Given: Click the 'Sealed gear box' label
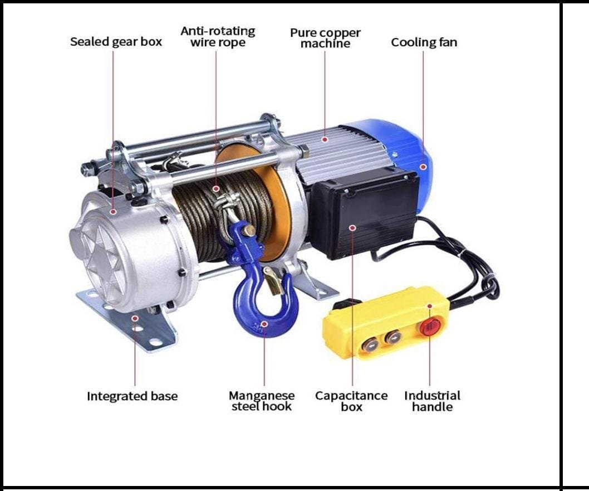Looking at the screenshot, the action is coord(116,41).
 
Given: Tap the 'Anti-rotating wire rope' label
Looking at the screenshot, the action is coord(218,36).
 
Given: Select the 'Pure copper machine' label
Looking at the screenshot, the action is coord(325,37).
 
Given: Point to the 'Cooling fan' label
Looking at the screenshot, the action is coord(424,42).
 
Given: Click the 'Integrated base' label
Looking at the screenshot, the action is coord(132,396).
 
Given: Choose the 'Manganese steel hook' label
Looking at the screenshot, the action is coord(262,401).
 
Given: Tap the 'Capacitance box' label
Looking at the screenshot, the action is coord(352,401).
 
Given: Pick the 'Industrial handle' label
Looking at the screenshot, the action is coord(433,401).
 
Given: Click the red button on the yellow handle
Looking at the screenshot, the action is coord(430,327).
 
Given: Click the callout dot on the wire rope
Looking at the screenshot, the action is coord(216,188).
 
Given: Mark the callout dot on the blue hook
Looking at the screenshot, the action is coord(264,324).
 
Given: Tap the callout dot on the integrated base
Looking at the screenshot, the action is coord(135,318).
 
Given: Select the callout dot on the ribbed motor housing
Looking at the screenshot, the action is coord(325,139).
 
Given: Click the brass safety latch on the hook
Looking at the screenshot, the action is coord(273,281).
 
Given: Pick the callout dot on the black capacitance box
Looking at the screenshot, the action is coord(352,227).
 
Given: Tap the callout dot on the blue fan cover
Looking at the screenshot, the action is coord(423,167).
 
